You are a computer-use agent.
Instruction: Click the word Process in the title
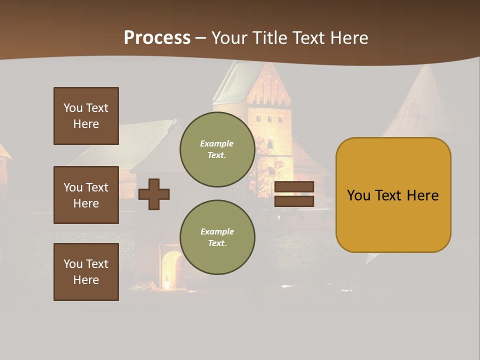click(157, 38)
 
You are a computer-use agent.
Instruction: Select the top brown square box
click(86, 116)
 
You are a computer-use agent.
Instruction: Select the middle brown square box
click(86, 195)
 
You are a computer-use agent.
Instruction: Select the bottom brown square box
click(86, 272)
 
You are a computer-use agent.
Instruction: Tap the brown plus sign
click(154, 194)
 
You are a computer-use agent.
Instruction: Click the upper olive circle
click(217, 149)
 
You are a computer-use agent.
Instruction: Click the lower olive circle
click(217, 237)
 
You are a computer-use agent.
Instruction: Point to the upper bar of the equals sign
click(294, 186)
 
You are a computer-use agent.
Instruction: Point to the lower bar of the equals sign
click(294, 201)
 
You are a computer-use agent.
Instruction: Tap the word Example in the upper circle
click(216, 144)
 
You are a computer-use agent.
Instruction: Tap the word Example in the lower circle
click(217, 232)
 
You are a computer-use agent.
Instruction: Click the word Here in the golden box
click(423, 195)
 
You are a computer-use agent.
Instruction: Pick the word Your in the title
click(227, 38)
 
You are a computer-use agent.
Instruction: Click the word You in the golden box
click(358, 195)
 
